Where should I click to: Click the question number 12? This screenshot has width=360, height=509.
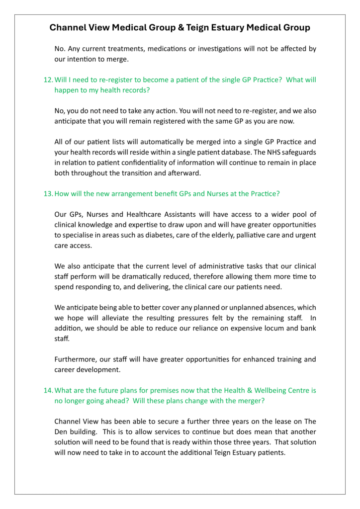48,80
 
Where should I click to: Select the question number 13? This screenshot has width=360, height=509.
48,193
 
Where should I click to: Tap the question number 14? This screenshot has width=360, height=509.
48,390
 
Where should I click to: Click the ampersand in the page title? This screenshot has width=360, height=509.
180,28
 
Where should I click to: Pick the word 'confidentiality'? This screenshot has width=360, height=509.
141,163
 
